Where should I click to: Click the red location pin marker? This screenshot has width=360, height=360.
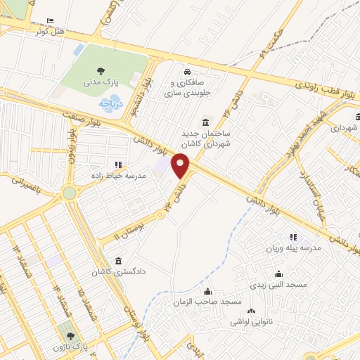pyautogui.click(x=181, y=165)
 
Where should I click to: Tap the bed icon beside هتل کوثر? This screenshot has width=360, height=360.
pyautogui.click(x=49, y=21)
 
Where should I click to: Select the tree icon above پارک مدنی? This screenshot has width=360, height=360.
pyautogui.click(x=103, y=70)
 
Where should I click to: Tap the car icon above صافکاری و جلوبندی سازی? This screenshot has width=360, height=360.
pyautogui.click(x=187, y=72)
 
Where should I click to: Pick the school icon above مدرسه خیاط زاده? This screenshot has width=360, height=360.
pyautogui.click(x=118, y=165)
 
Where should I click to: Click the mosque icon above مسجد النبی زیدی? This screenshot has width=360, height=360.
pyautogui.click(x=279, y=274)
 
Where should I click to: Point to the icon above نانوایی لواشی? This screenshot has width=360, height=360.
pyautogui.click(x=252, y=311)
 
